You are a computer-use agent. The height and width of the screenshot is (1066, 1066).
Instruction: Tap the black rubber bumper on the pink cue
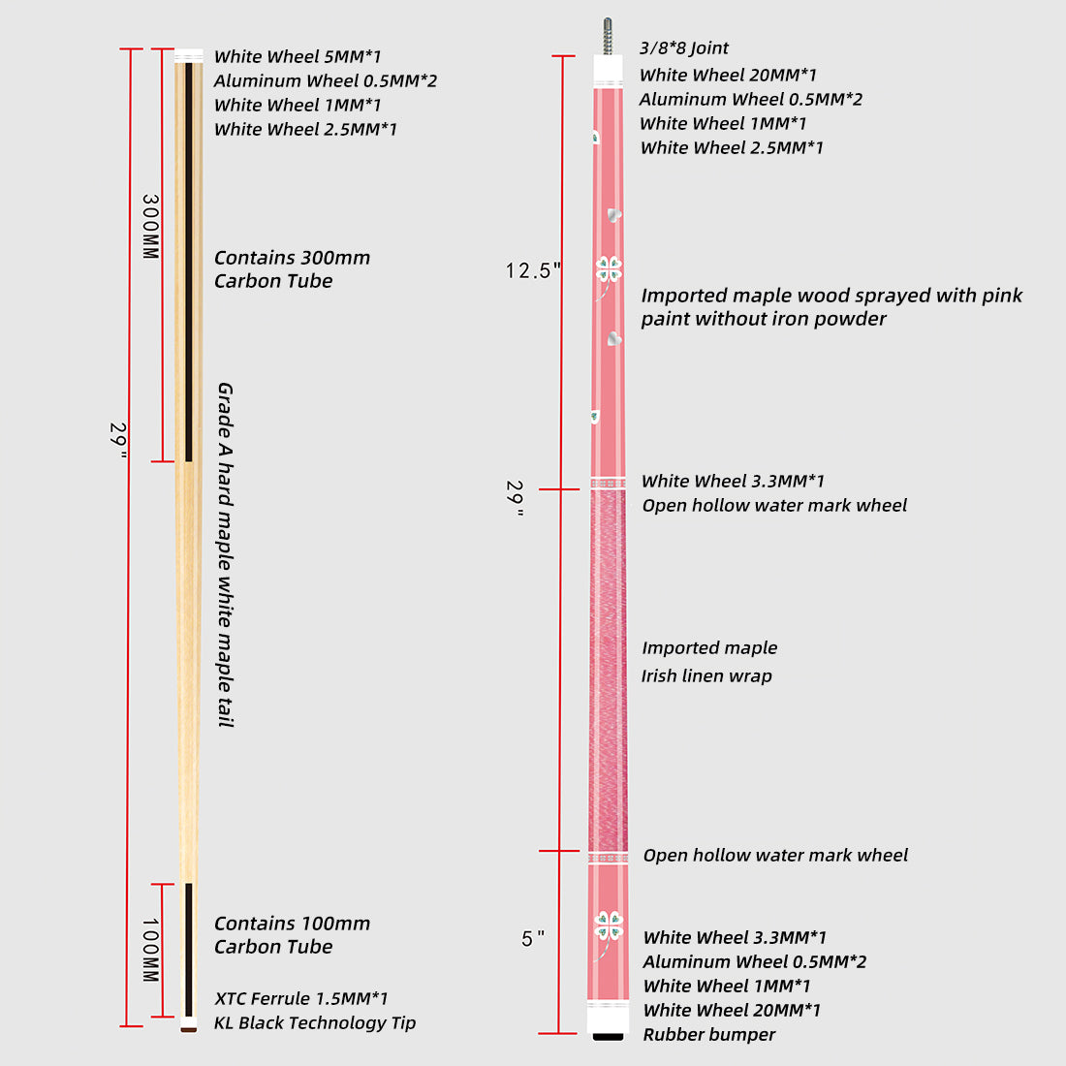(x=608, y=1035)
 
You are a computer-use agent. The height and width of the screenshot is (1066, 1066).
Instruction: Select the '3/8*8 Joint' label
(x=683, y=48)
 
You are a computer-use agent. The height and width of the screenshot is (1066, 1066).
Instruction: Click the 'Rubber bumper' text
(x=708, y=1035)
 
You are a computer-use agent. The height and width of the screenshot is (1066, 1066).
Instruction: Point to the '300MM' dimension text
(x=150, y=227)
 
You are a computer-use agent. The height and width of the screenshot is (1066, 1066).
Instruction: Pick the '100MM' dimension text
(x=150, y=951)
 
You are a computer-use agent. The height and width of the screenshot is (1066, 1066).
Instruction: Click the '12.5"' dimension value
(x=533, y=271)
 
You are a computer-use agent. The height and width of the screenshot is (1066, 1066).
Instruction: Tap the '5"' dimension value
(x=532, y=939)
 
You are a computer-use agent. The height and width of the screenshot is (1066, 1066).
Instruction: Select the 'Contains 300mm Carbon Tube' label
(x=291, y=269)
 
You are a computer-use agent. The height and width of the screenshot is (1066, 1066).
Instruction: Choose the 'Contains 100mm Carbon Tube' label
(x=291, y=935)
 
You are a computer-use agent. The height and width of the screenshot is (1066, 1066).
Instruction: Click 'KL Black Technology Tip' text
(x=314, y=1023)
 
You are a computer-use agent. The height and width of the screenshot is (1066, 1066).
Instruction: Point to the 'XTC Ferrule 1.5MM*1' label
(x=300, y=999)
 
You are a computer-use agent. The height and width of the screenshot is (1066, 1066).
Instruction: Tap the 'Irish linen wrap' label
(x=705, y=676)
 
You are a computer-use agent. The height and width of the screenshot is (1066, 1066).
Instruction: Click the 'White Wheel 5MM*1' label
(x=297, y=57)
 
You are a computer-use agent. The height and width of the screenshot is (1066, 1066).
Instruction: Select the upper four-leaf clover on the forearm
(x=609, y=269)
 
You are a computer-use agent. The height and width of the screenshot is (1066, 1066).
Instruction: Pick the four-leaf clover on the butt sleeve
(x=608, y=925)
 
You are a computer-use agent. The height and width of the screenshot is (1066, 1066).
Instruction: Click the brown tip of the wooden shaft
(x=188, y=1028)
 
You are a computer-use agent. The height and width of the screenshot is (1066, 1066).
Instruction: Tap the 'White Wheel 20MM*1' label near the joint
(x=727, y=76)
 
